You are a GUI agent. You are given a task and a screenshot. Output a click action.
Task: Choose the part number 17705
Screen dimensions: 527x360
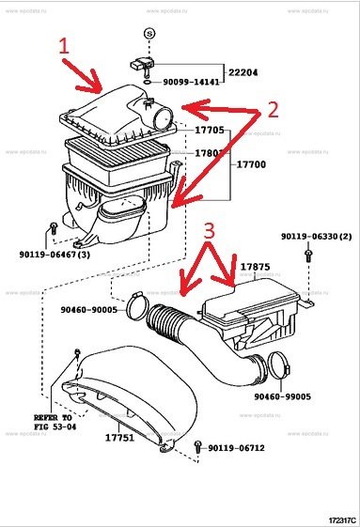point(209,131)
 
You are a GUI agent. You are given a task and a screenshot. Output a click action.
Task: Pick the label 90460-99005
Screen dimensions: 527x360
point(288,396)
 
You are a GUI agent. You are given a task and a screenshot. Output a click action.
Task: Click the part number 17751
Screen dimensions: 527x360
point(118,436)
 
